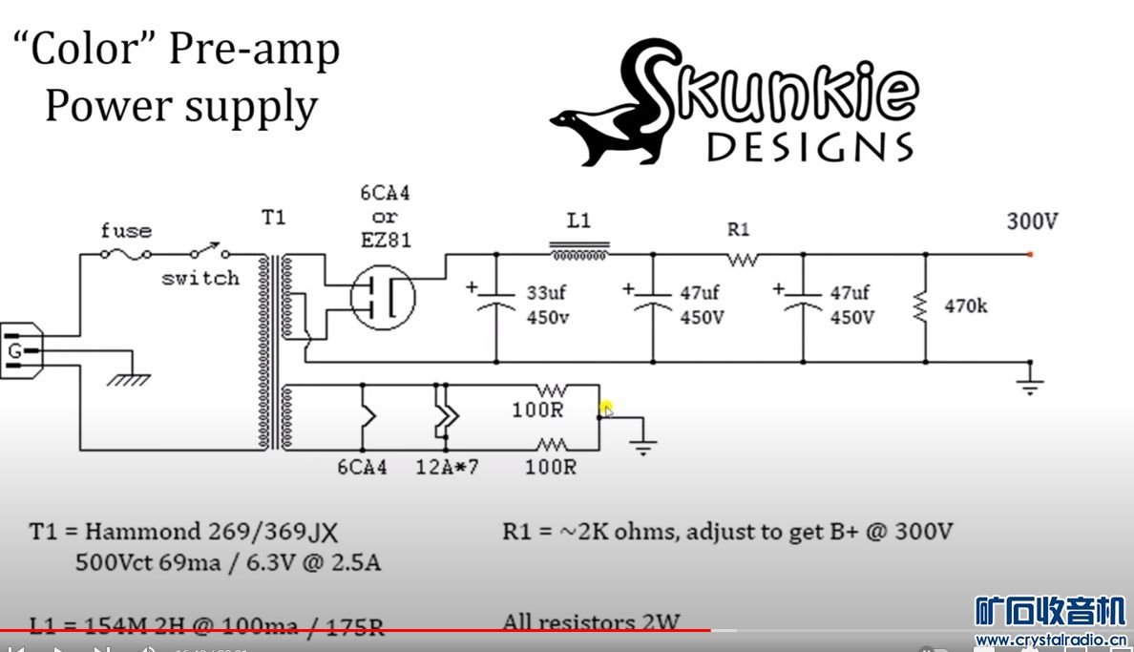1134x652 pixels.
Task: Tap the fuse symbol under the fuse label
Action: (x=125, y=254)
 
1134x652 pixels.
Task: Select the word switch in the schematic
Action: (x=199, y=279)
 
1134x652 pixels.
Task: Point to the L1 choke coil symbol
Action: (x=579, y=254)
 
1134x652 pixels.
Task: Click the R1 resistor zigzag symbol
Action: (x=741, y=258)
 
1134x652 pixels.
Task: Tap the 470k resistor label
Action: (x=966, y=307)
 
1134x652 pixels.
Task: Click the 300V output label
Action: (x=1032, y=221)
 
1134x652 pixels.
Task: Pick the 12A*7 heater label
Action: (x=448, y=468)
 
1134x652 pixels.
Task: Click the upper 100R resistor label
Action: (x=536, y=411)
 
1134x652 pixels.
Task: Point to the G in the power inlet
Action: (x=15, y=352)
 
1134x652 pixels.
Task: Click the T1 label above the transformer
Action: (x=274, y=218)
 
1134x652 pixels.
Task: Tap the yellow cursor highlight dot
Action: (x=606, y=410)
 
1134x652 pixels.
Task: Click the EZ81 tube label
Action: (x=385, y=240)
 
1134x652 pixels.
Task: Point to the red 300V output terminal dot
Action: (x=1030, y=255)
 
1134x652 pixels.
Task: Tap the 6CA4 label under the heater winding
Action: (x=362, y=468)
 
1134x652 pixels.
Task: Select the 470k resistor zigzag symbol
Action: (x=924, y=307)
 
